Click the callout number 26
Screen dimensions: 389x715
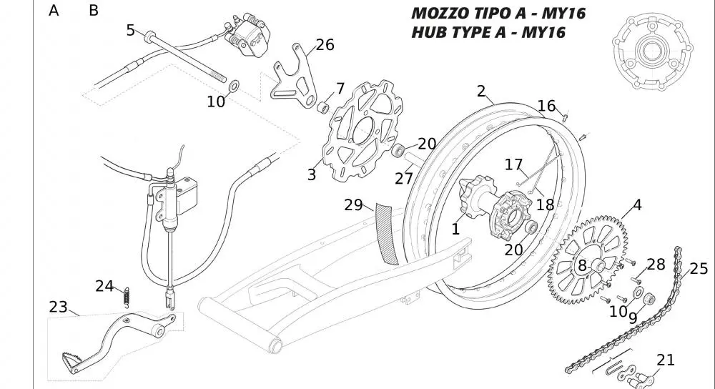coord(325,45)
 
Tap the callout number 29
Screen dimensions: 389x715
coord(353,205)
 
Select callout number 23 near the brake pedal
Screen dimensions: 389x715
coord(59,307)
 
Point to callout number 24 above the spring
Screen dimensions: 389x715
coord(104,286)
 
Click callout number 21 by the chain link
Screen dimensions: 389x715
coord(666,360)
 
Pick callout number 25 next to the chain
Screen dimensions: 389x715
coord(699,269)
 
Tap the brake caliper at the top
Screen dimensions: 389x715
coord(247,34)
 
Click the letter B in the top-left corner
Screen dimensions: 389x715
coord(94,11)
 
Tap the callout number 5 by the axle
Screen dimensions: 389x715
coord(130,30)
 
